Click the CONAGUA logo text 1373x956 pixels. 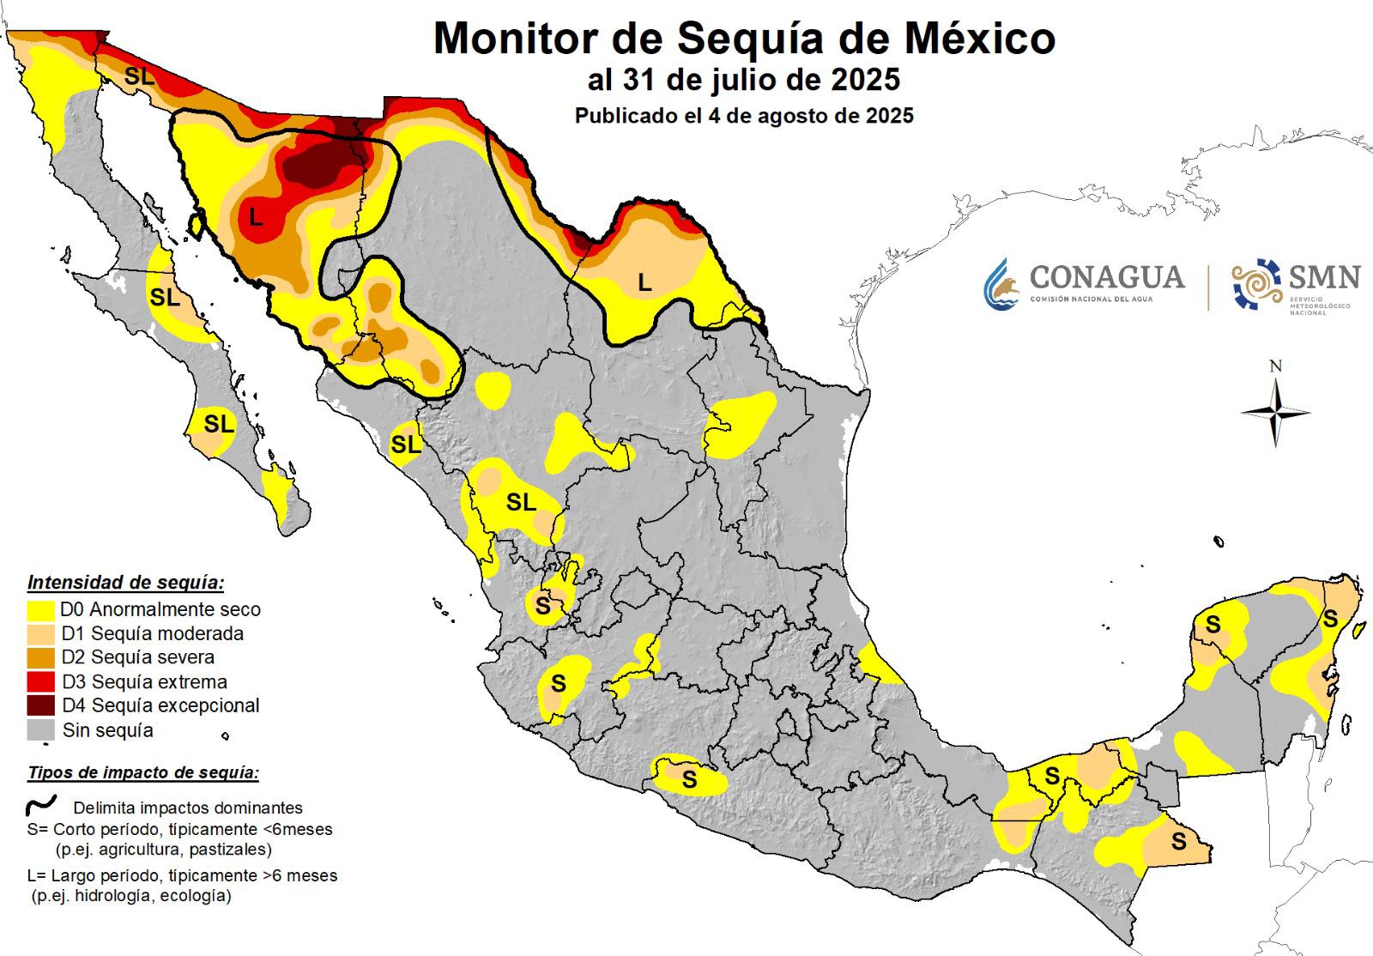point(1106,277)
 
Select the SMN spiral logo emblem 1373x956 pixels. point(1255,282)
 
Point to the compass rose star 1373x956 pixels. point(1275,413)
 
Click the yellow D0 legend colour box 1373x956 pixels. point(42,610)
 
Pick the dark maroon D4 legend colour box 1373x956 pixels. point(42,706)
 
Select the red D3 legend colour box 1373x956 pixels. point(42,682)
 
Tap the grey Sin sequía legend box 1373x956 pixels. point(42,730)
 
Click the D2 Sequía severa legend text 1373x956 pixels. point(138,657)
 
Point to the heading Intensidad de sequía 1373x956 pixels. point(125,584)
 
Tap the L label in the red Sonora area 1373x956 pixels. point(255,218)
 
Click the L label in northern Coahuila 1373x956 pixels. point(644,281)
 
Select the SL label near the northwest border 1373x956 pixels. point(140,76)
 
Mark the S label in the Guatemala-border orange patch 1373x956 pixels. point(1179,842)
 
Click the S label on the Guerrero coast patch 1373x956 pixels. point(689,780)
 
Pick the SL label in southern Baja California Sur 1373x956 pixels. point(218,424)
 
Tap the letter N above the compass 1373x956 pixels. point(1275,366)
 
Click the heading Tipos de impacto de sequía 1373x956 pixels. point(142,772)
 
